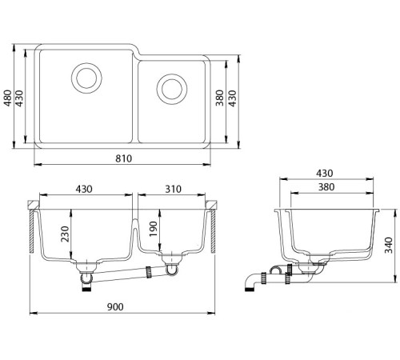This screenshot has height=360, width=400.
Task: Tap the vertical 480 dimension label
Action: [7, 98]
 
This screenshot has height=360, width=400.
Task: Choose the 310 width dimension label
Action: [174, 190]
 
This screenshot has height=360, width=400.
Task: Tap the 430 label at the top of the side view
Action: [325, 174]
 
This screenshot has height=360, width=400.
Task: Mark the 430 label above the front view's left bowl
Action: [84, 190]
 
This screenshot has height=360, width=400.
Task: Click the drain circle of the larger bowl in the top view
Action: [86, 78]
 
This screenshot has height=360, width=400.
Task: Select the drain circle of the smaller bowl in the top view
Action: [170, 87]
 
